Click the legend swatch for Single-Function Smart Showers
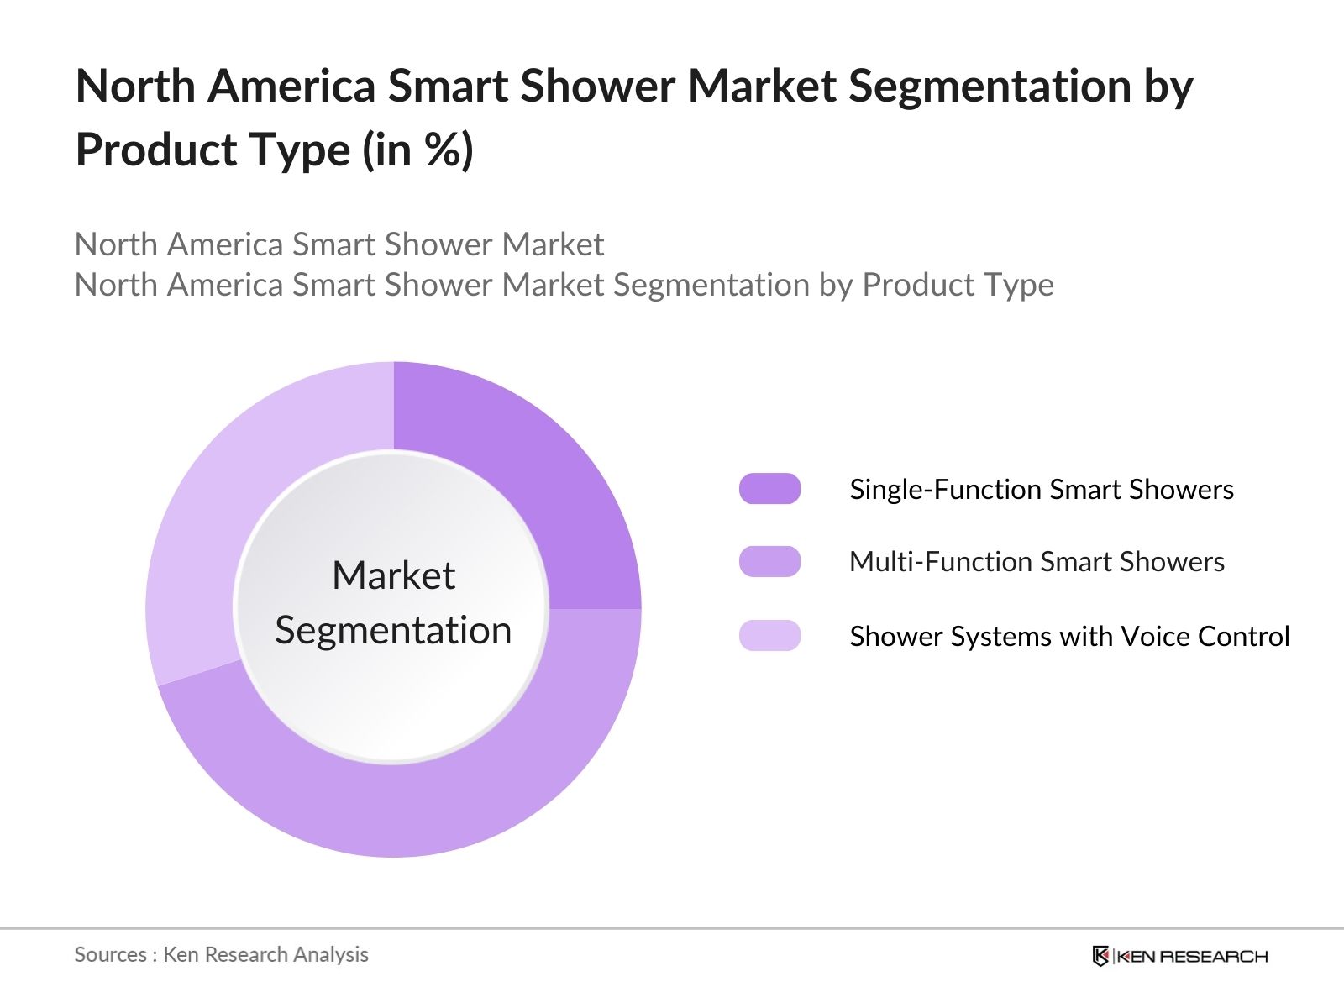pyautogui.click(x=769, y=488)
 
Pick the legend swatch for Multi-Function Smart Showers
pyautogui.click(x=769, y=561)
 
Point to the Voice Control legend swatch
pyautogui.click(x=769, y=635)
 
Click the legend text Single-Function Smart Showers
pyautogui.click(x=1042, y=490)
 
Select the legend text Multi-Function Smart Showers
pyautogui.click(x=1037, y=562)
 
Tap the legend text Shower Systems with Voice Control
pyautogui.click(x=1069, y=637)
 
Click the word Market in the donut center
pyautogui.click(x=394, y=575)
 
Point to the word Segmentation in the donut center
pyautogui.click(x=393, y=631)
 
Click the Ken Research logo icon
pyautogui.click(x=1100, y=956)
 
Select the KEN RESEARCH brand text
pyautogui.click(x=1191, y=957)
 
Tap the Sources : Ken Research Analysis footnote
pyautogui.click(x=221, y=955)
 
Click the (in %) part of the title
pyautogui.click(x=418, y=150)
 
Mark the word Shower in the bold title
pyautogui.click(x=597, y=86)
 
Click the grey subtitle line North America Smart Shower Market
pyautogui.click(x=339, y=244)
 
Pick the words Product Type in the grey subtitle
pyautogui.click(x=958, y=286)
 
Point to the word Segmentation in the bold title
pyautogui.click(x=990, y=87)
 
